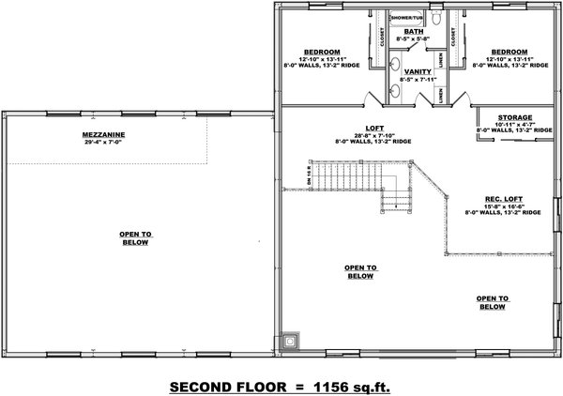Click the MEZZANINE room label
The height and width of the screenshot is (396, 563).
pyautogui.click(x=104, y=135)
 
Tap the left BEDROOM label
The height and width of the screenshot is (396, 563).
pyautogui.click(x=321, y=52)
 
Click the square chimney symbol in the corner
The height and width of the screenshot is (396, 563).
pyautogui.click(x=289, y=342)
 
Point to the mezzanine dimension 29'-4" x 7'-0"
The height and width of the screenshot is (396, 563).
pyautogui.click(x=104, y=143)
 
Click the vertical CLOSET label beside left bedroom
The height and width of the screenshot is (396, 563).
pyautogui.click(x=383, y=36)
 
